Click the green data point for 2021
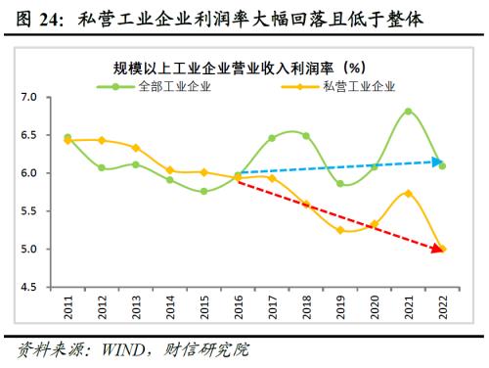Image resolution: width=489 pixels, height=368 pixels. click(x=407, y=112)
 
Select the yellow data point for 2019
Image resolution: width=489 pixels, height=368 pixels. click(x=339, y=230)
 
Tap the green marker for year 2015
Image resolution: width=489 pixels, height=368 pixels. click(x=203, y=192)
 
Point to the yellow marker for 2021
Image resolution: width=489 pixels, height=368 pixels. click(x=407, y=193)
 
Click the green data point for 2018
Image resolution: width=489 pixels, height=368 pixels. click(x=305, y=136)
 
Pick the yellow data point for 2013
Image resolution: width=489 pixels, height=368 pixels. click(x=136, y=148)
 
